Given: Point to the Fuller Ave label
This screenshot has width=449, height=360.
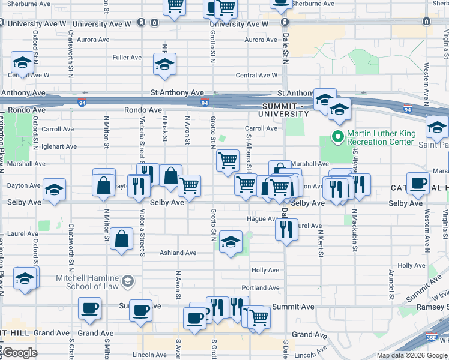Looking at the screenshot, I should click(127, 58).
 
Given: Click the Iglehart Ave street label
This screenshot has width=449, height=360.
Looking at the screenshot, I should click(60, 146).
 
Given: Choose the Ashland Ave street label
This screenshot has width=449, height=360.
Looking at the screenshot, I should click(178, 253).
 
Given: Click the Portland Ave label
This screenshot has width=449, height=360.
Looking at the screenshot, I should click(261, 288).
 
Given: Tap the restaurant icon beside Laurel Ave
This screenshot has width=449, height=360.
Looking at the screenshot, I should click(287, 229).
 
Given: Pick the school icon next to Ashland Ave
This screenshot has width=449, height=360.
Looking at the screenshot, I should click(231, 242).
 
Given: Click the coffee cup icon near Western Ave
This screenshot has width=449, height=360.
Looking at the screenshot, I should click(418, 183).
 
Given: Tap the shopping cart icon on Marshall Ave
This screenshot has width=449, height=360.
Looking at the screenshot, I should click(228, 161).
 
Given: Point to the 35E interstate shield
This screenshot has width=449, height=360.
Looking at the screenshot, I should click(431, 338).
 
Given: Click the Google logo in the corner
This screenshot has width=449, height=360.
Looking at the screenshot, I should click(20, 353).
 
